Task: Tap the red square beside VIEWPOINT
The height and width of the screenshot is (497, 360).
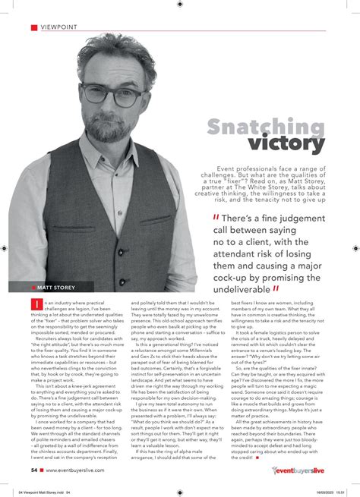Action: click(x=33, y=28)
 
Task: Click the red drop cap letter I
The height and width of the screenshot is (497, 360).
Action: click(x=33, y=304)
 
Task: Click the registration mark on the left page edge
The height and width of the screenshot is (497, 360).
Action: click(x=6, y=248)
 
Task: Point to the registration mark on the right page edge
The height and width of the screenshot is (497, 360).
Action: click(x=353, y=248)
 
